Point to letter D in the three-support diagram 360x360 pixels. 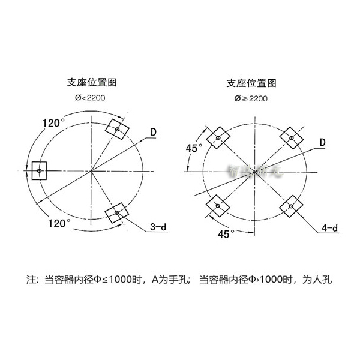(x=154, y=131)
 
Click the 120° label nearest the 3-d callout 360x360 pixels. (x=60, y=223)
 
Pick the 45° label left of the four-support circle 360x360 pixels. (x=193, y=146)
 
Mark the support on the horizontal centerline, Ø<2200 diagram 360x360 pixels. (x=39, y=170)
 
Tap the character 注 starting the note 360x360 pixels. (x=32, y=280)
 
